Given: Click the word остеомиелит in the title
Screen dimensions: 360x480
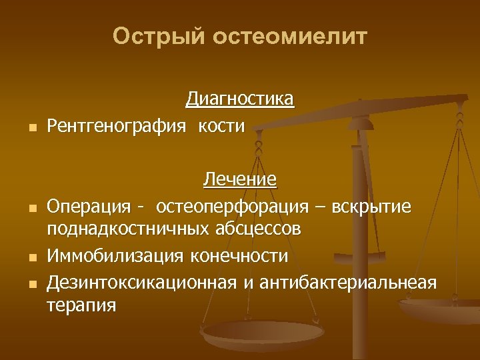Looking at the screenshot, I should tap(290, 36).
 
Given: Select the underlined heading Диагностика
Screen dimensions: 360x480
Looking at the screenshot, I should tap(240, 99).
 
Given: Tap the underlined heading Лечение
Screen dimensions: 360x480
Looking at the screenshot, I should tap(240, 179).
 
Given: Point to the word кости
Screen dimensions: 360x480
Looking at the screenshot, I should tap(221, 126).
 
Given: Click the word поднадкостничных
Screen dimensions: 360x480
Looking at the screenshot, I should tap(128, 230).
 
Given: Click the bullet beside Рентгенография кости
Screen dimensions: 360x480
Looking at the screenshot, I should tap(32, 127).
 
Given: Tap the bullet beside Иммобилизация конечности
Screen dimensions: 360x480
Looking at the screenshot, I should tap(32, 257).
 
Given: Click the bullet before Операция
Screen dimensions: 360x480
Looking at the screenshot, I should tap(32, 207).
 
